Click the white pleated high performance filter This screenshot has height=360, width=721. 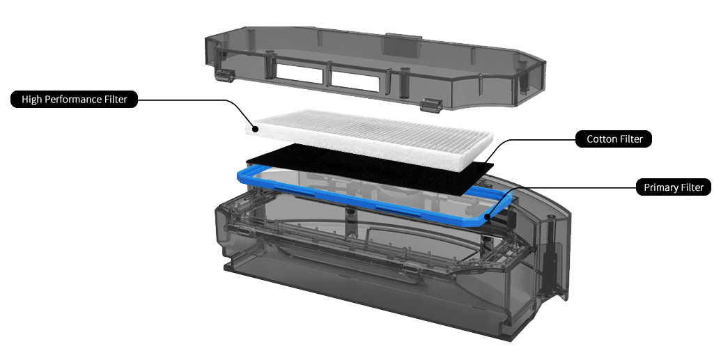[x=370, y=136]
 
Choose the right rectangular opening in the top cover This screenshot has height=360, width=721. [x=355, y=81]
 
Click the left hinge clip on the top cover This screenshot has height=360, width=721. [x=222, y=75]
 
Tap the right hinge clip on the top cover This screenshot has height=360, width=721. [x=431, y=105]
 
